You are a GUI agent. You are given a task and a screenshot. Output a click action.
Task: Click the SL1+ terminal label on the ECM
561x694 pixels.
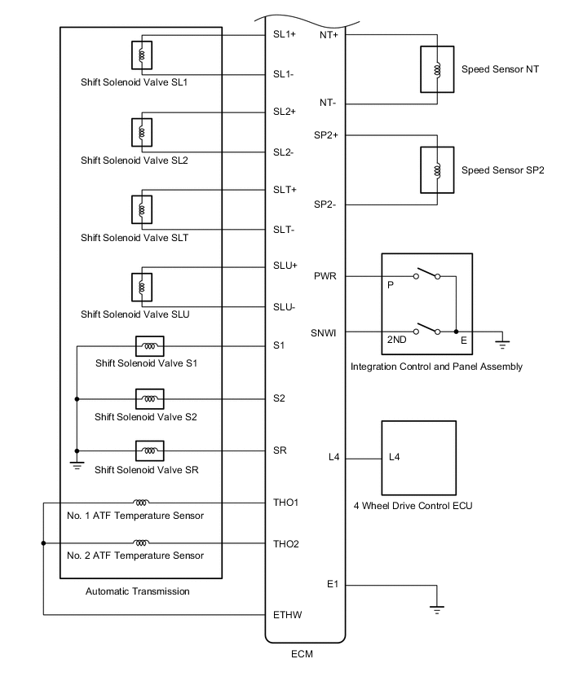coord(285,35)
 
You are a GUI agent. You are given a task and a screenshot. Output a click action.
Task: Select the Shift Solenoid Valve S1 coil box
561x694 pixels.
coord(149,346)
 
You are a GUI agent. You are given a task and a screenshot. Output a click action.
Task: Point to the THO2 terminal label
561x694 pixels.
coord(285,543)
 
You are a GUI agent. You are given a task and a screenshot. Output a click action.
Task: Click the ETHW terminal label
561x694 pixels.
coord(287,614)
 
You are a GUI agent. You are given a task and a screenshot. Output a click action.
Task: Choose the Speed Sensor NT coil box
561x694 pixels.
coord(438,71)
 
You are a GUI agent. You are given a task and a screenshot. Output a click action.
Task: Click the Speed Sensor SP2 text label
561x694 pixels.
coord(502,170)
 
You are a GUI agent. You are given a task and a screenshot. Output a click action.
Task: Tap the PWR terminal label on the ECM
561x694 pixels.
coord(325,276)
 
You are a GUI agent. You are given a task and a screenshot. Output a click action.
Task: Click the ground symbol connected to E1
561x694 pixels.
coord(437,608)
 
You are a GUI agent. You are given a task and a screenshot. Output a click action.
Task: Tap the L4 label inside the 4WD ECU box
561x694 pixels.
coord(394,457)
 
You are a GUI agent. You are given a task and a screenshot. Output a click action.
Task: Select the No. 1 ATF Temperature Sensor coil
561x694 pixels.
coord(141,503)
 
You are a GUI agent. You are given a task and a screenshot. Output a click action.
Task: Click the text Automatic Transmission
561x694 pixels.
coord(137,591)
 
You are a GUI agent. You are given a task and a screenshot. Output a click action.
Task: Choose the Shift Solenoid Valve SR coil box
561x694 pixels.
coord(149,450)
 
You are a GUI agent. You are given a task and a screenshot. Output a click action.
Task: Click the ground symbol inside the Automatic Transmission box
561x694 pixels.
coord(77,463)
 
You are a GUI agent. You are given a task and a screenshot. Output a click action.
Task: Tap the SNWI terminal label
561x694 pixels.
coord(324,332)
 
